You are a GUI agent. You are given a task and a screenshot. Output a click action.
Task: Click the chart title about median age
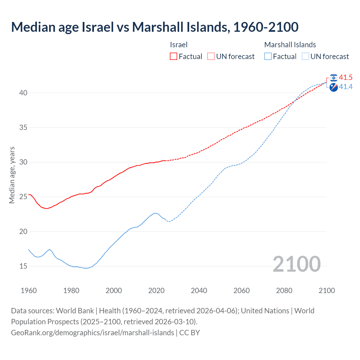click(154, 27)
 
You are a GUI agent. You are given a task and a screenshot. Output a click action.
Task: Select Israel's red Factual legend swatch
click(174, 56)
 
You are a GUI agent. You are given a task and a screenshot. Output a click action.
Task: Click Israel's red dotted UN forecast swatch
click(211, 56)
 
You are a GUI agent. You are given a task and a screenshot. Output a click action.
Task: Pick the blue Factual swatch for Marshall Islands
click(268, 56)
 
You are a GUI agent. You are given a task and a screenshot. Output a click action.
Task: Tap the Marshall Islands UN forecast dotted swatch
click(305, 56)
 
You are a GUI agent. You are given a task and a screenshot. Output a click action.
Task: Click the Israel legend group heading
click(179, 45)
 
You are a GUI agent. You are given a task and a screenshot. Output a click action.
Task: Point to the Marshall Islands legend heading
click(290, 45)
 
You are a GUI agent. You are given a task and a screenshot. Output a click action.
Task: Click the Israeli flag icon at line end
click(334, 78)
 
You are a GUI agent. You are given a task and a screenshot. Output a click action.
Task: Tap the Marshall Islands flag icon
click(334, 87)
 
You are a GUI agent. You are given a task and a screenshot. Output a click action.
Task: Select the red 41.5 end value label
click(346, 77)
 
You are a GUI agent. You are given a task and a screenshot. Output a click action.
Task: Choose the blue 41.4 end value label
click(346, 87)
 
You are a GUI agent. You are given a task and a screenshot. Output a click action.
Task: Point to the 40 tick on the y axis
click(23, 93)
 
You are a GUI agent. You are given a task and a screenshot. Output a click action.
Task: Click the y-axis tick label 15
click(23, 266)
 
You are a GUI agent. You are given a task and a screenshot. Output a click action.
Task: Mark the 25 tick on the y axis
click(23, 197)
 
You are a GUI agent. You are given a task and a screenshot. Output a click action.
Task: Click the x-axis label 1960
click(29, 291)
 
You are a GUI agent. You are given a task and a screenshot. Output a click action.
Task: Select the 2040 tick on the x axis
click(199, 291)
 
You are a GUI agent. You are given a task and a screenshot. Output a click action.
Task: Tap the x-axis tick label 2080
click(284, 291)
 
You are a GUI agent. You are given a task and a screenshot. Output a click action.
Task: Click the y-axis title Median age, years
click(12, 175)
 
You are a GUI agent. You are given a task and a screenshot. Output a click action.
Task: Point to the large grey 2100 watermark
click(296, 264)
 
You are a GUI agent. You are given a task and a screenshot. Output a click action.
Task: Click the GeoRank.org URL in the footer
click(93, 332)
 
